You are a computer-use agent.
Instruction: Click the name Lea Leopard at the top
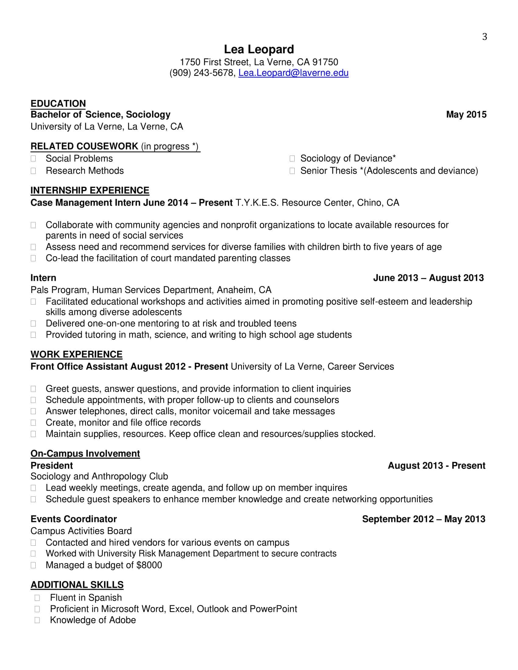[259, 49]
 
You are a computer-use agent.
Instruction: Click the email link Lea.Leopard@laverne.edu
[293, 73]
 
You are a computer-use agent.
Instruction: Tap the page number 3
[484, 37]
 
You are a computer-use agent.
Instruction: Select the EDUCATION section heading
[58, 103]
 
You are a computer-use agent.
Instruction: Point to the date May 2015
[466, 115]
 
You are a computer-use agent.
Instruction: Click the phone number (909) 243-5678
[202, 73]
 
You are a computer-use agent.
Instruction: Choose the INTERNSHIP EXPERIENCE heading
[90, 190]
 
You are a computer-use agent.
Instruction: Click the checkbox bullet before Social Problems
[34, 159]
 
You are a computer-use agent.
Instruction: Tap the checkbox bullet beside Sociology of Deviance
[292, 159]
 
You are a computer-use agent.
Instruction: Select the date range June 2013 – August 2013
[428, 278]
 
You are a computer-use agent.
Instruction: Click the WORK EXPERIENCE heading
[76, 354]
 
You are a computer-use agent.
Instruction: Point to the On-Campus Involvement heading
[85, 453]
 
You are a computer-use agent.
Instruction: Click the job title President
[51, 466]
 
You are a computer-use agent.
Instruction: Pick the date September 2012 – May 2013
[424, 519]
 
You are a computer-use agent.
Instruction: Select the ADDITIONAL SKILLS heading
[77, 585]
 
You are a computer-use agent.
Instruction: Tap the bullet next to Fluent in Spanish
[37, 598]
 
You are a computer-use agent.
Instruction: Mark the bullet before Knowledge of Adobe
[37, 620]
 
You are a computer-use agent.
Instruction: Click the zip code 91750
[325, 62]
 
